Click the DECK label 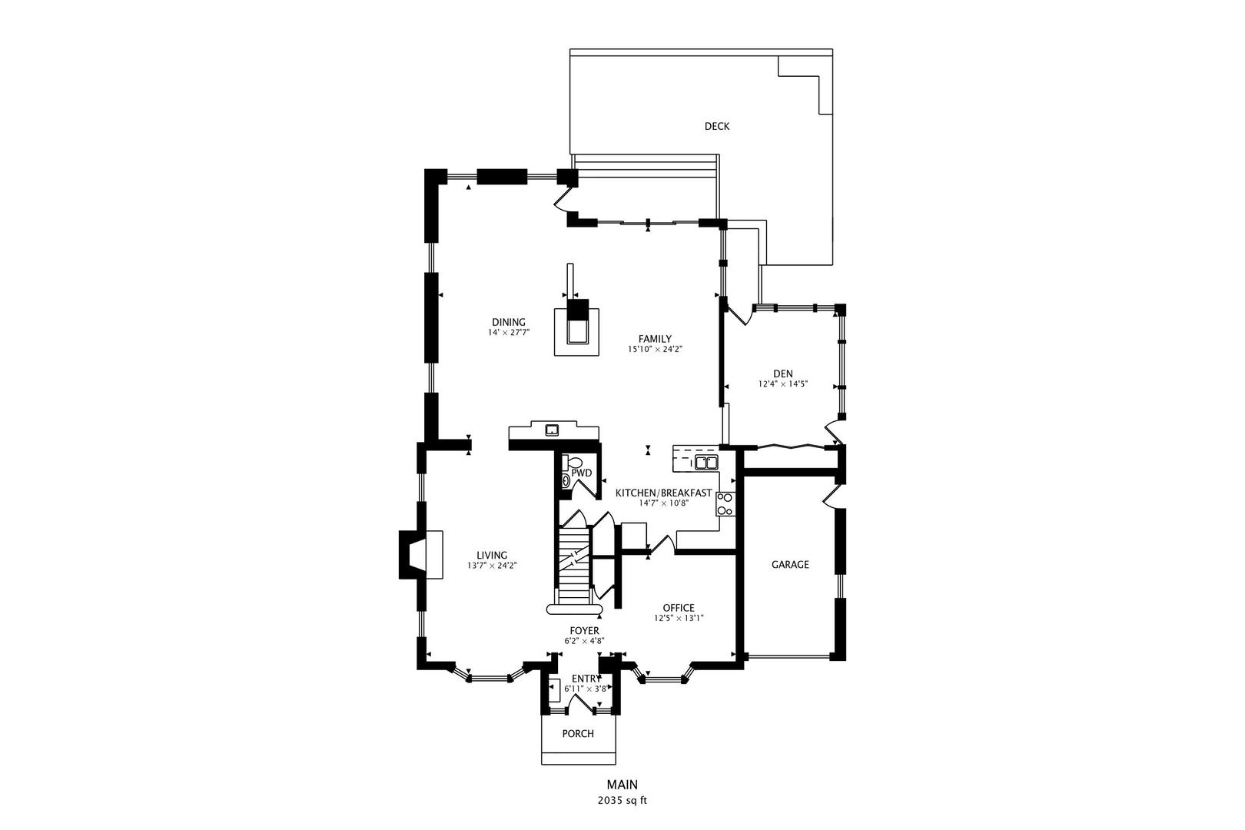click(716, 127)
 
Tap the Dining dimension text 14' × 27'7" click(509, 333)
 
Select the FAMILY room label click(655, 339)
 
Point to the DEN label click(783, 374)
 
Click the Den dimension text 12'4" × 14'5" click(783, 383)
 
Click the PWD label click(582, 473)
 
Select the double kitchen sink click(705, 462)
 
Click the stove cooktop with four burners click(725, 503)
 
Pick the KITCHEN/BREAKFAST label click(663, 493)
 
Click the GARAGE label click(790, 564)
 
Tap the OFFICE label click(679, 608)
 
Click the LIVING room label click(491, 556)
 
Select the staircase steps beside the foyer click(573, 565)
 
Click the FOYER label click(584, 631)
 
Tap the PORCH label click(578, 734)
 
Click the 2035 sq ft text click(622, 800)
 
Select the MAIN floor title click(622, 785)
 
